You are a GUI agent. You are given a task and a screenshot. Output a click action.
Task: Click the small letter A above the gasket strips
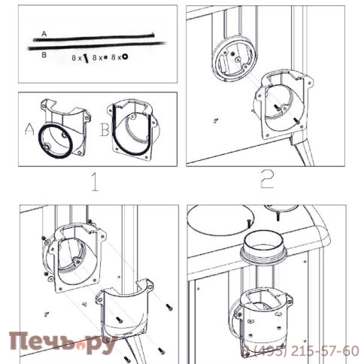pos(44,34)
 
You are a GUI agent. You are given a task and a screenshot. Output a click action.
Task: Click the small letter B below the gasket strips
pos(44,55)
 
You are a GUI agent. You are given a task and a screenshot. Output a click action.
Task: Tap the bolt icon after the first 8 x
pos(86,59)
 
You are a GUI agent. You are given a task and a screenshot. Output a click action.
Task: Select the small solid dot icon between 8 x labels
pos(105,58)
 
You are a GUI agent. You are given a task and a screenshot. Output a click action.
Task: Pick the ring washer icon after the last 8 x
pos(125,57)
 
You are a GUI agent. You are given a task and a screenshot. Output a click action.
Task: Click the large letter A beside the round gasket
pos(29,129)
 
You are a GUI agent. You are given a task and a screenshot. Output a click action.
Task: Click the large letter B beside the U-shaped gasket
pos(105,129)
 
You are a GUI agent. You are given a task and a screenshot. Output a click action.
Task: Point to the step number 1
pos(95,182)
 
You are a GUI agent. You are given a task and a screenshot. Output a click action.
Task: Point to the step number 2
pos(267,179)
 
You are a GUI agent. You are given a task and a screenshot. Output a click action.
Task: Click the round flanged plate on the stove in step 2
pos(235,59)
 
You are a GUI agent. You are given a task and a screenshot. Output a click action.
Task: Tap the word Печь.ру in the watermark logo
pos(62,343)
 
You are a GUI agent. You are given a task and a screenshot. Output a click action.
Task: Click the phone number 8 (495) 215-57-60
pos(301,350)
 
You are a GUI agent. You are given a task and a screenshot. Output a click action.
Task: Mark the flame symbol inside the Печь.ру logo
pos(80,347)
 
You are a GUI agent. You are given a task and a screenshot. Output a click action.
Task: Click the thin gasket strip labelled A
pos(93,38)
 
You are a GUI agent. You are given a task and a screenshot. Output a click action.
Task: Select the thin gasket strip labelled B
pos(97,46)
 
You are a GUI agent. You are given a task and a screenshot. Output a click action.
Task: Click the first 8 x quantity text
pos(77,58)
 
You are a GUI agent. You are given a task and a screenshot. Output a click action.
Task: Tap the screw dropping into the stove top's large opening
pos(248,223)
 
